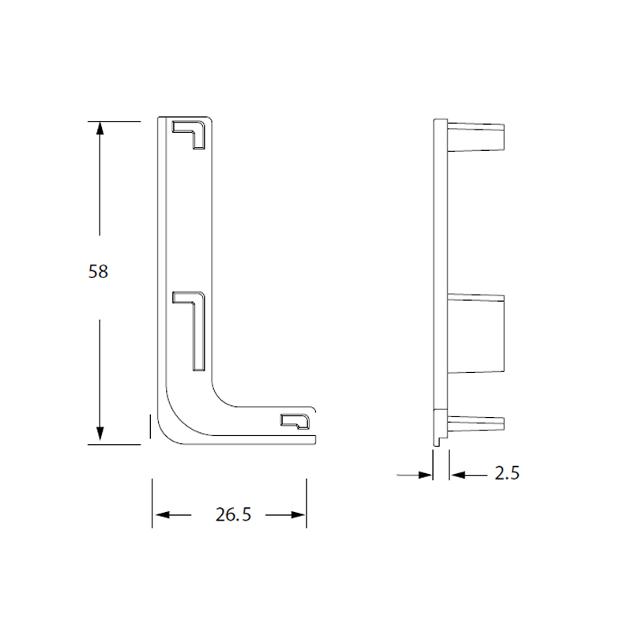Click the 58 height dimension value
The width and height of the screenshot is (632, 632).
98,272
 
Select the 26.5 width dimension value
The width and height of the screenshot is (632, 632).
232,515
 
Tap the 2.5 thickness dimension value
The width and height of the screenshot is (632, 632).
506,474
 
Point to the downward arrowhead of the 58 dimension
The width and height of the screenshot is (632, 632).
100,434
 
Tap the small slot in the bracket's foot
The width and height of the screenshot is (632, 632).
295,420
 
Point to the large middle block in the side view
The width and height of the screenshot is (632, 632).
476,333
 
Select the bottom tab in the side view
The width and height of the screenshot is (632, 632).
476,423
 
